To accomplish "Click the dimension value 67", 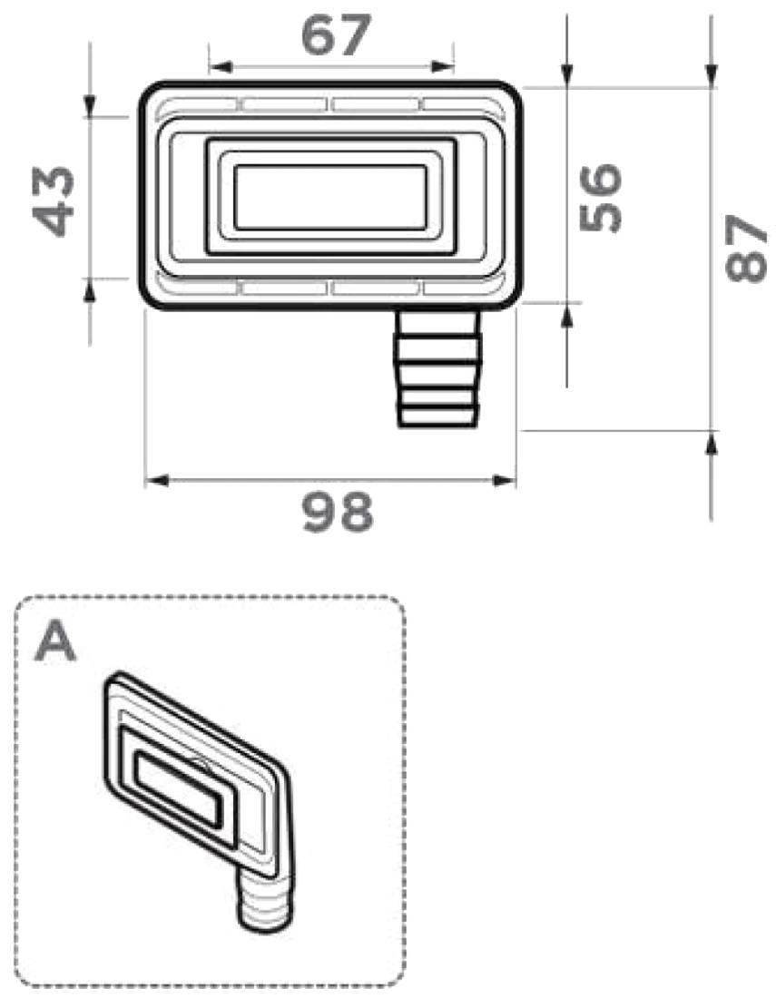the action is click(x=336, y=35).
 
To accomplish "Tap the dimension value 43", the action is click(x=54, y=201).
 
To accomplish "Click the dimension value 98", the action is click(x=338, y=513).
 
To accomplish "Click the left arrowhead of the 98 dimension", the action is click(x=157, y=481).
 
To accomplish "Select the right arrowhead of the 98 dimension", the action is click(x=505, y=481).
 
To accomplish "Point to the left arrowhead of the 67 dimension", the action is click(x=221, y=66).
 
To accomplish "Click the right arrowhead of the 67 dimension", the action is click(x=442, y=66).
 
